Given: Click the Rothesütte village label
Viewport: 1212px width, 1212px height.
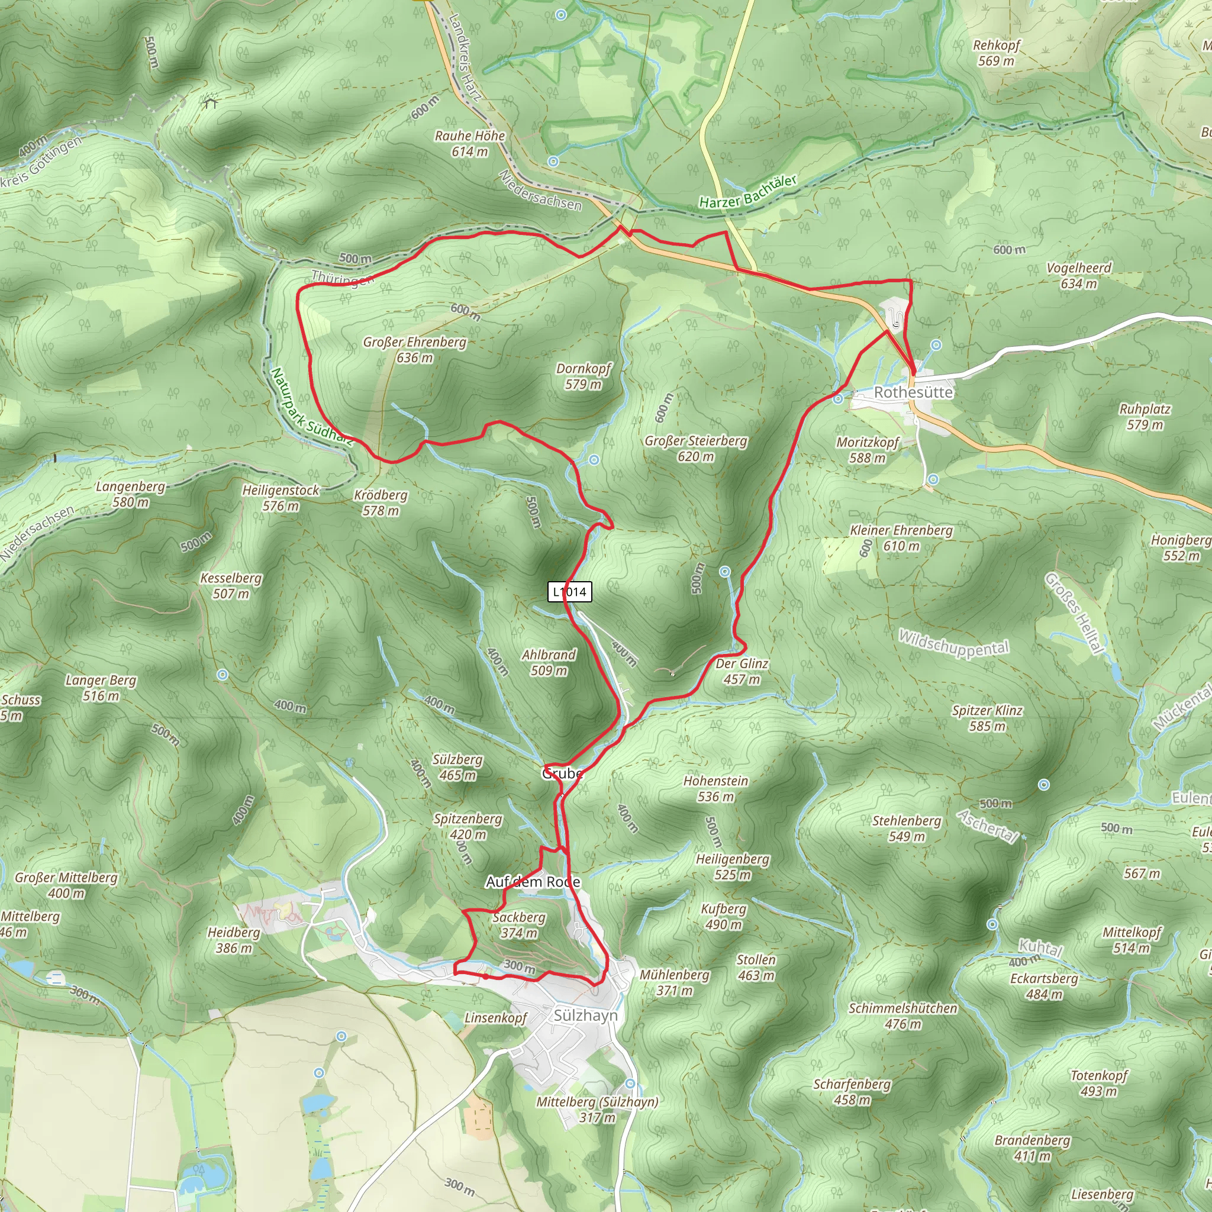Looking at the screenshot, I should coord(913,392).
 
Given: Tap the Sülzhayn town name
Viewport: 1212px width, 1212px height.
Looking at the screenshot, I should coord(585,1015).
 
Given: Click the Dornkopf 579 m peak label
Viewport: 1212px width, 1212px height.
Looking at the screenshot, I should coord(583,376).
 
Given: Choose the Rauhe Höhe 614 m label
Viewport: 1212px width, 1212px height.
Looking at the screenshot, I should coord(470,144).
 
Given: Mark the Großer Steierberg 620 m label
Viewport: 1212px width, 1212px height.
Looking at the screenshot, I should coord(696,449).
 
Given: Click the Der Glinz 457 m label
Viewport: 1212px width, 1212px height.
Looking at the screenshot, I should coord(742,671).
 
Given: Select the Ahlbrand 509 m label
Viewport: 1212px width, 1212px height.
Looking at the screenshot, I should coord(549,662).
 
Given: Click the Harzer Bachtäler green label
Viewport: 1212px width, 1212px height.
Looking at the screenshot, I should coord(748,192).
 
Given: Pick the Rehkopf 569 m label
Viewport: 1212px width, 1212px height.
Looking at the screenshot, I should coord(996,53).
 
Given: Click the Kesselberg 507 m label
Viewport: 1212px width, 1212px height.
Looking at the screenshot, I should coord(231,585).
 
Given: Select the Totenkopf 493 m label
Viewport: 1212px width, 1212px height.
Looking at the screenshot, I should coord(1099,1084).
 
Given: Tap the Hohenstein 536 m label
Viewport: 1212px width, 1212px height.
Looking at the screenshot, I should coord(716,788).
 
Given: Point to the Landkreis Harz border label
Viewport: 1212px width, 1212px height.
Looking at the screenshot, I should coord(465,58).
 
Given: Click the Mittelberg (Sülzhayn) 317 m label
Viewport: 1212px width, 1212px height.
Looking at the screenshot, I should coord(597,1110).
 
